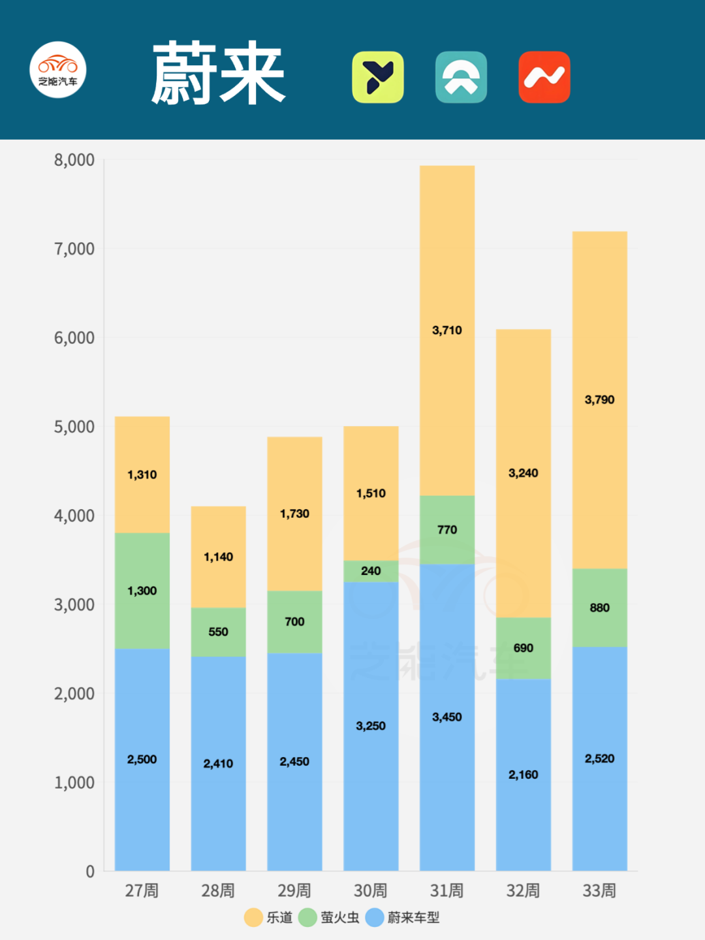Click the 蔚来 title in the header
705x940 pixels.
coord(218,73)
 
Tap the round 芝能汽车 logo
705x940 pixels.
coord(58,70)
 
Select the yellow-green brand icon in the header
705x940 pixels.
coord(378,77)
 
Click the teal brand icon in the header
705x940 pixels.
coord(461,77)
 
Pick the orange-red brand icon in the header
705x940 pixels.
coord(544,77)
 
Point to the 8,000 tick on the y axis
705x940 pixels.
coord(74,160)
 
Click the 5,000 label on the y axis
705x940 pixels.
coord(74,427)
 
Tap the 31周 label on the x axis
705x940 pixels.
coord(446,890)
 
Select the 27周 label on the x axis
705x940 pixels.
coord(142,890)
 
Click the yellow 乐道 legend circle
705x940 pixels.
coord(253,917)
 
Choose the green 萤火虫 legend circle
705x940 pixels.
coord(307,917)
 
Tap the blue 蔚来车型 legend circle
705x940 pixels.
coord(374,917)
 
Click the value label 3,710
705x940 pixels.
coord(446,330)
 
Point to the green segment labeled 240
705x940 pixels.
coord(371,571)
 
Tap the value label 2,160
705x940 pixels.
coord(523,775)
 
